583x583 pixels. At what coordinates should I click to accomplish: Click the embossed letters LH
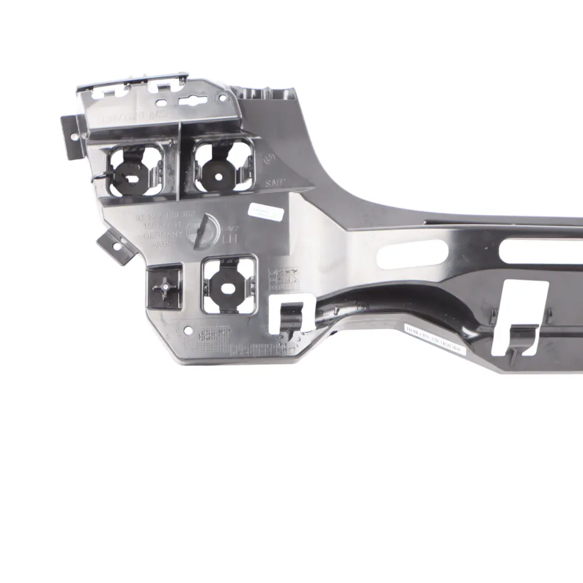coord(229,238)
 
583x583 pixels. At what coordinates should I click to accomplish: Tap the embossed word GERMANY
coord(160,235)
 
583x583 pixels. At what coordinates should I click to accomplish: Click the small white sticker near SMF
coord(265,212)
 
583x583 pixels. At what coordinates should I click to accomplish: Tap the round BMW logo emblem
coord(202,231)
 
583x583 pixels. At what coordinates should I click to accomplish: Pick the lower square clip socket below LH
coord(228,284)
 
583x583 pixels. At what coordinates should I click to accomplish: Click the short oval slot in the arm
coord(412,254)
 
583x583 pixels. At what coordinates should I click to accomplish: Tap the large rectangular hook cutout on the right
coord(519,318)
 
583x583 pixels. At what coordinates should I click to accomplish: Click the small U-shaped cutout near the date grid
coord(292,313)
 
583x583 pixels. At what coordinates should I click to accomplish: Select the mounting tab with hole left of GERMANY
coord(113,247)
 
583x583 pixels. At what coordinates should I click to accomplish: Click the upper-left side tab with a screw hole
coord(72,137)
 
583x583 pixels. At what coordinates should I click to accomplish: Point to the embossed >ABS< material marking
coord(155,245)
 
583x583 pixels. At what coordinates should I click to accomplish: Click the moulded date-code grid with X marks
coord(284,279)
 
